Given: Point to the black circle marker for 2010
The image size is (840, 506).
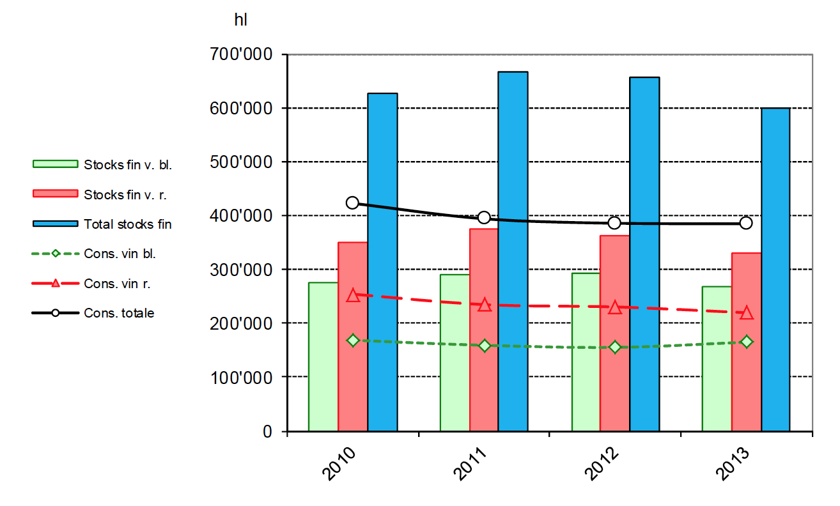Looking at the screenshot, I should (352, 203).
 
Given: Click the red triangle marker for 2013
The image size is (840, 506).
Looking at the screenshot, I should (746, 312).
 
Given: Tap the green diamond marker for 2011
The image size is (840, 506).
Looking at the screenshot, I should (484, 346).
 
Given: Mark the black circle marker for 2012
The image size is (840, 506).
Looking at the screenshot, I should (614, 222).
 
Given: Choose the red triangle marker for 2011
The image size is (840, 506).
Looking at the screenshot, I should (484, 305).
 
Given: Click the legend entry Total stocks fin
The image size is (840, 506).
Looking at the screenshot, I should (127, 224).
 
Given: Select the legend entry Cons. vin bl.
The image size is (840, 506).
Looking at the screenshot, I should (120, 253).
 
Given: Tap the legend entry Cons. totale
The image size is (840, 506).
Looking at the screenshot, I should (119, 313).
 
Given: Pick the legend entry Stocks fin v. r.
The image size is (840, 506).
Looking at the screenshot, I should (125, 194).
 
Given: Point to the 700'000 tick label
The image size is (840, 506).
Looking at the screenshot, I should (240, 55).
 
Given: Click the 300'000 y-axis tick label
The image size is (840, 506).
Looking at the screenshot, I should (240, 269).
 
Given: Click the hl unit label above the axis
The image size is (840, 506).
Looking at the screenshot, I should (240, 20).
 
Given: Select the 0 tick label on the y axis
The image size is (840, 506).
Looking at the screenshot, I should (267, 431).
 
